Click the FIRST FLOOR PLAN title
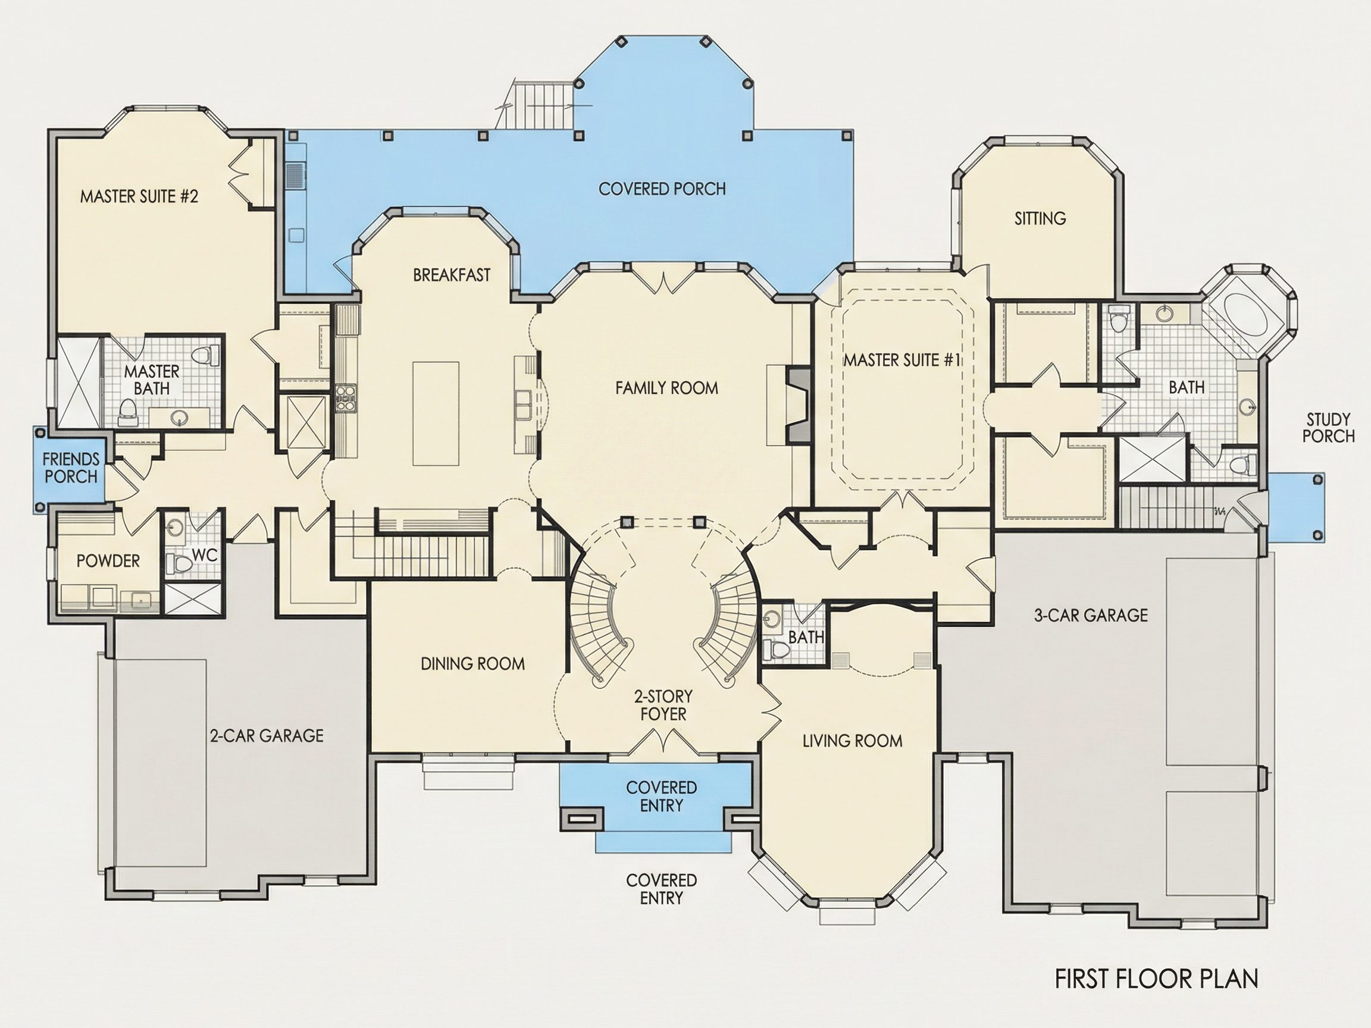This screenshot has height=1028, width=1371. point(1157,979)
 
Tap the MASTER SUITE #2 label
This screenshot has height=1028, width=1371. point(139,196)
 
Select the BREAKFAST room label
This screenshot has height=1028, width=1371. point(452,275)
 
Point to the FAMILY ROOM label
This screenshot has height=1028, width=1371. point(666,388)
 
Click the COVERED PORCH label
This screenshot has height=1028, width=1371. point(662,189)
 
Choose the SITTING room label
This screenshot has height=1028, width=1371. point(1040,218)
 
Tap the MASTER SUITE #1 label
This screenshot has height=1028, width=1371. point(902,360)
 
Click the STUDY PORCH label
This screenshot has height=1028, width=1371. point(1328,428)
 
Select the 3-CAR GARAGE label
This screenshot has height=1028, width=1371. point(1091,615)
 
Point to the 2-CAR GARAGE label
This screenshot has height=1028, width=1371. point(267,735)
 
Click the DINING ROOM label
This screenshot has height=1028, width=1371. point(472,664)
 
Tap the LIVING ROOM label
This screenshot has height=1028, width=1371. point(852,741)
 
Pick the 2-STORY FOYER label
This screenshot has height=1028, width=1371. point(663,705)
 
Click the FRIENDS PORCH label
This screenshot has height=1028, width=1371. point(71,468)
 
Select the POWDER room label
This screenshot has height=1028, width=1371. point(108,561)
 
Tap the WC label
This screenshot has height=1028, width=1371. point(205,555)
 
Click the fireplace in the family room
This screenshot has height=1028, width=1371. point(799,405)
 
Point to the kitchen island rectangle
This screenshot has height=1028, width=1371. point(436,413)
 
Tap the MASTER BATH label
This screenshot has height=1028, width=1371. point(152,380)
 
